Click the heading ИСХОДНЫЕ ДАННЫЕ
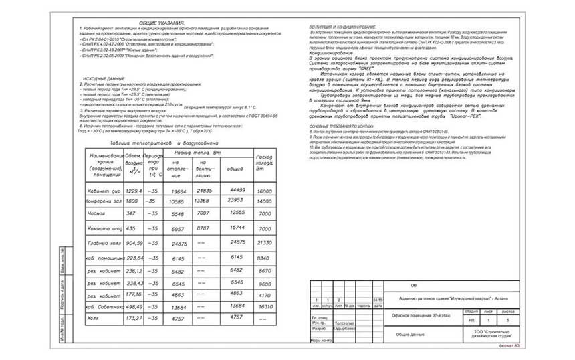coord(105,79)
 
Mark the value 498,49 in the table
coord(135,306)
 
